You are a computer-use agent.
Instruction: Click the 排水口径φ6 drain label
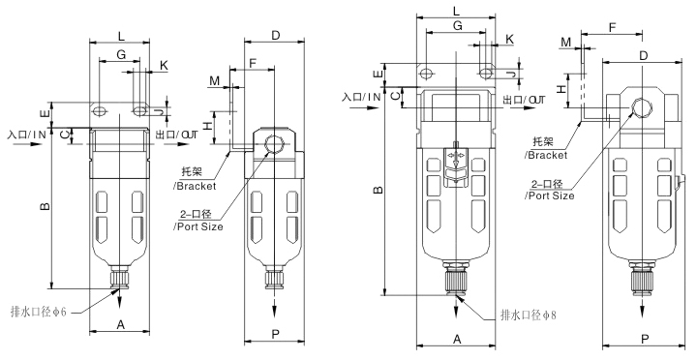[38, 312]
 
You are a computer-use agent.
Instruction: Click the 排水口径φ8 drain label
[529, 315]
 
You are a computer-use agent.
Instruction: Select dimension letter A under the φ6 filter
[120, 325]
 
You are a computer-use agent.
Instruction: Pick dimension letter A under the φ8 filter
[457, 339]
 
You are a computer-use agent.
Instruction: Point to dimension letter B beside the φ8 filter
[378, 190]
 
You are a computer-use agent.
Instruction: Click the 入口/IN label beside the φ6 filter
[27, 135]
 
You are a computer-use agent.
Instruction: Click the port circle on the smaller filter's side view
[272, 145]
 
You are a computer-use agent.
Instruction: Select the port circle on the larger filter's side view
[642, 107]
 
